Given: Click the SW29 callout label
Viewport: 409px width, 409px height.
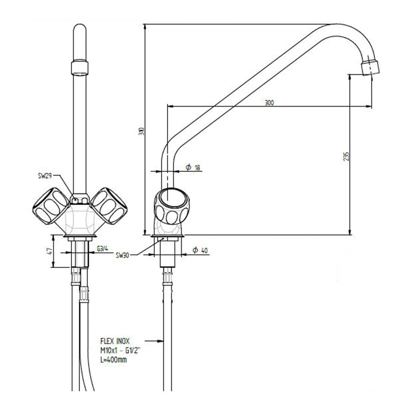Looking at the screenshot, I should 44,176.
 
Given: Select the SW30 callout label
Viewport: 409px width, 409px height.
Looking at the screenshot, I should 123,255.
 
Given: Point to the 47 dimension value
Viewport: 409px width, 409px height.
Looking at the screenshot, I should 49,251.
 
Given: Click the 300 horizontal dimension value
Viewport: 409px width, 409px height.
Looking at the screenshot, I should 269,102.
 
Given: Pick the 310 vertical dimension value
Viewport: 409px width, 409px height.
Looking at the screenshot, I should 142,131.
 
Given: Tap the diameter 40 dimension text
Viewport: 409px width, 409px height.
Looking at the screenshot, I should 200,250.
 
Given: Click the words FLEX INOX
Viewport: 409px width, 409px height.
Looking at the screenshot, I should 115,341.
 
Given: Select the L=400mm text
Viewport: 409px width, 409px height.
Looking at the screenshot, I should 114,360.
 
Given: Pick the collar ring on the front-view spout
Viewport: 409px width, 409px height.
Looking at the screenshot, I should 80,67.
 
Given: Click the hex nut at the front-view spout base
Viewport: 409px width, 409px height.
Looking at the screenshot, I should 80,198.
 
